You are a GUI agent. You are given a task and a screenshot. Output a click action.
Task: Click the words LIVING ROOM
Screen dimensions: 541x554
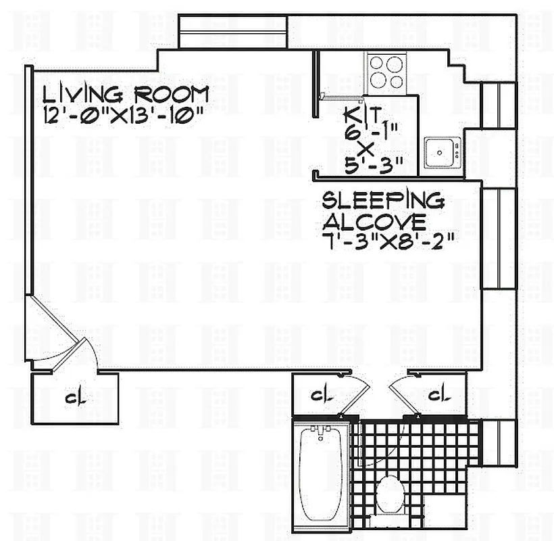tap(126, 93)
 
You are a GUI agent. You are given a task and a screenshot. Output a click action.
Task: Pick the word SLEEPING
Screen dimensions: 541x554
tap(383, 200)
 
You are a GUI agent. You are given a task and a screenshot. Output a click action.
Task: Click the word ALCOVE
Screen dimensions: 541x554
tap(374, 221)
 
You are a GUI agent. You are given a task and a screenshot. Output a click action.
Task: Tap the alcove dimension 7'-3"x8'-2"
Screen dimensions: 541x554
tap(387, 241)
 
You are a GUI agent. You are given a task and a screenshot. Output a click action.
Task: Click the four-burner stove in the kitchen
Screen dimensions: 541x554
tap(386, 72)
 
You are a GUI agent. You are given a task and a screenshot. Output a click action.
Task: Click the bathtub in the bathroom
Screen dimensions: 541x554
tap(322, 473)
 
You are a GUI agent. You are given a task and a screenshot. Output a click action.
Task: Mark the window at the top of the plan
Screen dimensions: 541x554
tap(232, 32)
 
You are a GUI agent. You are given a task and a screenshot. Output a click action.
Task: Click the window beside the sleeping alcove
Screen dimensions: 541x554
tap(499, 238)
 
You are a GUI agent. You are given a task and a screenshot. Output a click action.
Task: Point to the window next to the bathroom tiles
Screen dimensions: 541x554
tap(499, 442)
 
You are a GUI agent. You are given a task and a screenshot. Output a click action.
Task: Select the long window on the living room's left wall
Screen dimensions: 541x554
tap(28, 180)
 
